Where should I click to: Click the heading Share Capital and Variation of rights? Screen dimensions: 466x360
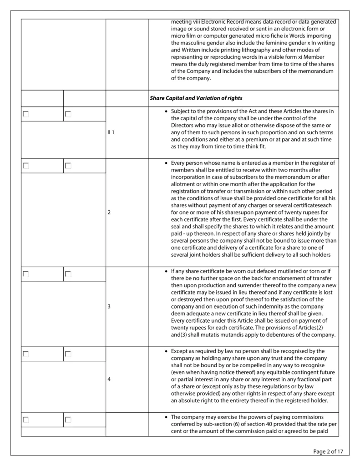click(x=196, y=98)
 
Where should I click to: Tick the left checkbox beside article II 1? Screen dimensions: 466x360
click(x=26, y=114)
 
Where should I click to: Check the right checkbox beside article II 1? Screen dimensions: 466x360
click(x=68, y=114)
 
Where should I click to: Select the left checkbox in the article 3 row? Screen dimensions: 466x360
click(x=26, y=274)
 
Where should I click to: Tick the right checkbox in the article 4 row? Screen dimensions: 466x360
click(x=68, y=354)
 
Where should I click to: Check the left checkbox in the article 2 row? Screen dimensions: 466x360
click(x=26, y=166)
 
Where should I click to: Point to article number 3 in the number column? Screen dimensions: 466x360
click(x=109, y=306)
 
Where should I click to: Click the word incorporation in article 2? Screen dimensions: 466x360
click(x=189, y=177)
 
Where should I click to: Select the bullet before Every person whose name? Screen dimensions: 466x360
click(x=166, y=163)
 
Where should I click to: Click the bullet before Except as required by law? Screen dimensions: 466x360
click(x=166, y=351)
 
